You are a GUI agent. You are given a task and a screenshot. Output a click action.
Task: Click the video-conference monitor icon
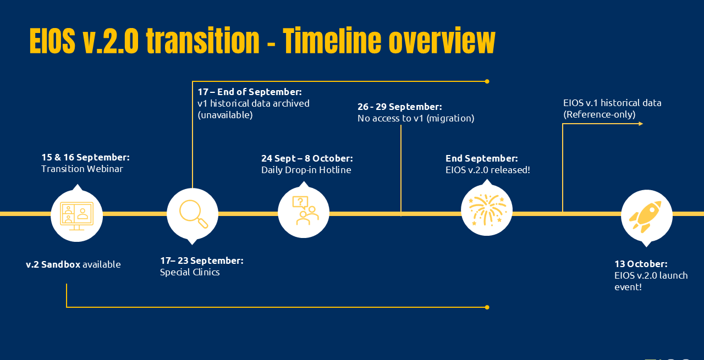(x=76, y=215)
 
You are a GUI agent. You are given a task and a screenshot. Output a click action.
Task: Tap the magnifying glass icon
(x=193, y=214)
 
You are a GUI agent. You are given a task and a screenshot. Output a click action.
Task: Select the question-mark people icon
(x=303, y=212)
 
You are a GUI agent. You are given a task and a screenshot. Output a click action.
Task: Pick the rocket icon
(x=647, y=215)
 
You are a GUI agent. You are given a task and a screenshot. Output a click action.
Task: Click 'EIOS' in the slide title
(x=52, y=41)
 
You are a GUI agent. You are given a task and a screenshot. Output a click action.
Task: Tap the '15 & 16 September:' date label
(x=85, y=157)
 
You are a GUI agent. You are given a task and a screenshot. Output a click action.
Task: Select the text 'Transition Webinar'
(x=82, y=169)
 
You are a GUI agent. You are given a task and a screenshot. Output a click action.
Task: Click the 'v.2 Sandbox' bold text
(x=53, y=264)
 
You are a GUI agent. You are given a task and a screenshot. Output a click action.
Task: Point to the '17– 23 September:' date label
(x=201, y=261)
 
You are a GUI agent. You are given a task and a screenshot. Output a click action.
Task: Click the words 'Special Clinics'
(x=190, y=272)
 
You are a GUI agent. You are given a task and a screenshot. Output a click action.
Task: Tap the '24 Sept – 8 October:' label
(x=307, y=158)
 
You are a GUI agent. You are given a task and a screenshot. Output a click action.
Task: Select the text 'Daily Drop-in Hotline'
(x=306, y=170)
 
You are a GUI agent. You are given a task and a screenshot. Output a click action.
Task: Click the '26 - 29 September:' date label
(x=399, y=107)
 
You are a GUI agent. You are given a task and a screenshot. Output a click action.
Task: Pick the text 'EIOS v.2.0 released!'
(x=488, y=170)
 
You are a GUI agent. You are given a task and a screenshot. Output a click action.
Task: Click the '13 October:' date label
(x=641, y=264)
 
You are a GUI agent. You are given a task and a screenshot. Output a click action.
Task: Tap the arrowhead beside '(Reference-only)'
(x=640, y=124)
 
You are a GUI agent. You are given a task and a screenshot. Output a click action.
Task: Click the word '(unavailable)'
(x=225, y=115)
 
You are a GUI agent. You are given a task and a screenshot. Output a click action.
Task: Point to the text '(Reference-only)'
(x=599, y=114)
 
